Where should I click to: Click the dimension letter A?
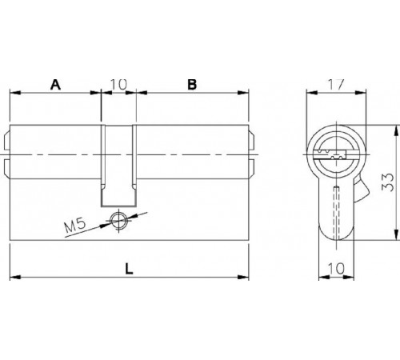(x=55, y=83)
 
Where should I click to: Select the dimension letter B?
(x=191, y=83)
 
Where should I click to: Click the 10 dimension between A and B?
(x=118, y=83)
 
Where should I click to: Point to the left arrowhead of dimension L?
(x=14, y=277)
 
